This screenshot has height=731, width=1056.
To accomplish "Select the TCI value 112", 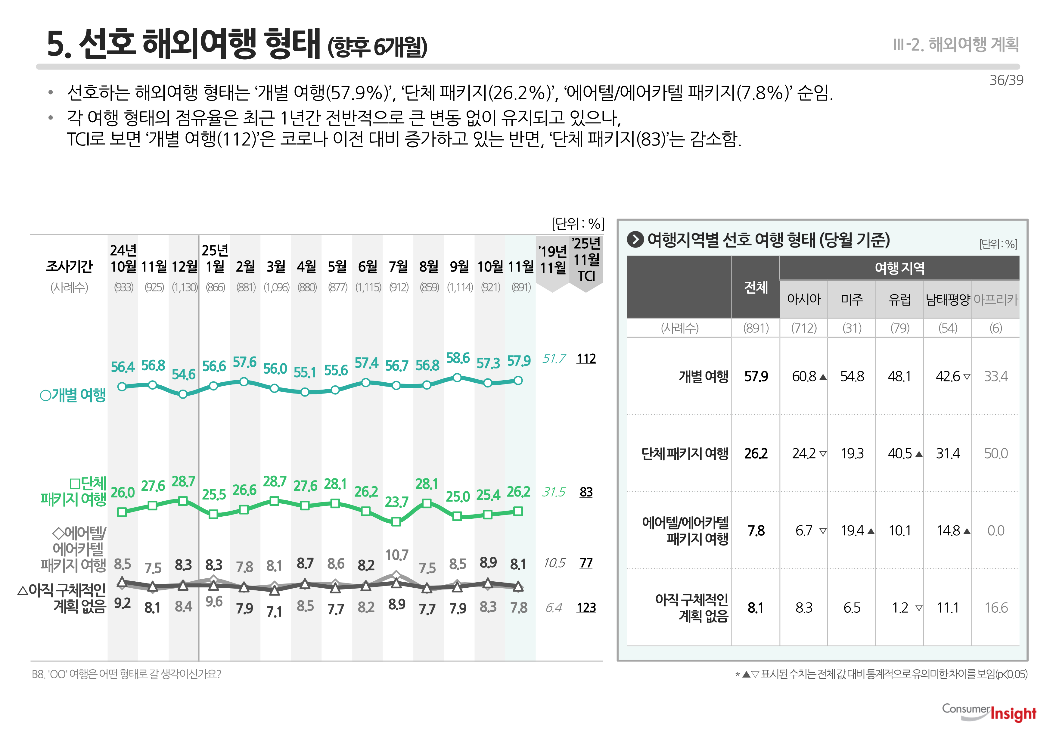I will click(586, 359).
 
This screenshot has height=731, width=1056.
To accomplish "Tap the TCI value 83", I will click(586, 492).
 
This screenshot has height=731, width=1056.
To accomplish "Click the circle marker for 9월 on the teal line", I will click(457, 378).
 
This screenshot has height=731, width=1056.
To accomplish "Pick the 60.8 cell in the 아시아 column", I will click(804, 377).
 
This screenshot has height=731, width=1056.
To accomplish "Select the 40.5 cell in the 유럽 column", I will click(899, 453).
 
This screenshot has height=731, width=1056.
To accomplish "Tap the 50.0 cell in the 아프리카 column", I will click(995, 453).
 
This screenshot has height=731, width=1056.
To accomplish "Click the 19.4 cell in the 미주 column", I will click(852, 530).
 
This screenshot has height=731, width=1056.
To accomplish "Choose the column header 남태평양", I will click(947, 300).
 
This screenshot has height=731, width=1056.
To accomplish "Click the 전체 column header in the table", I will click(756, 287).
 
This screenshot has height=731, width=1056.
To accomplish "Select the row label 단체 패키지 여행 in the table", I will click(684, 453).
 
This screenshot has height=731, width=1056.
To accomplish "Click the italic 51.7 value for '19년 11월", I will click(554, 359).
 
